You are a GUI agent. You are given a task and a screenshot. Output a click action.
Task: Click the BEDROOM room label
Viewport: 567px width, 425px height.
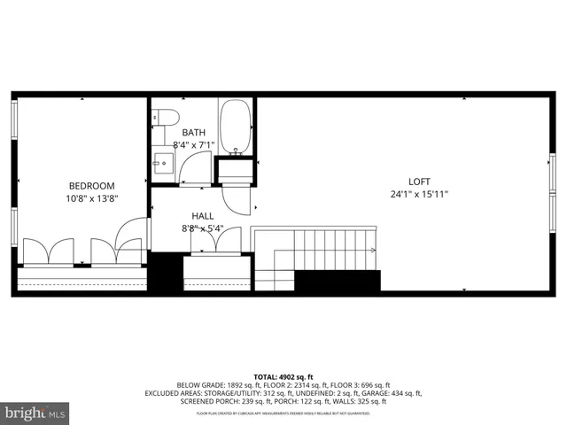click(x=93, y=186)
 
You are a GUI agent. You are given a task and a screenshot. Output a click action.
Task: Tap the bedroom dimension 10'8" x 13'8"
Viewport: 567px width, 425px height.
click(x=93, y=199)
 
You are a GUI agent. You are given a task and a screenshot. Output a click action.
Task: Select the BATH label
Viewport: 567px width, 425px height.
click(x=193, y=132)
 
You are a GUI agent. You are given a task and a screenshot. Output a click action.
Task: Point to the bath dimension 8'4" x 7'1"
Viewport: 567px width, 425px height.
click(x=194, y=145)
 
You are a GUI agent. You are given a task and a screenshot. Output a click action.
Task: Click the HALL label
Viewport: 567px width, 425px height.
click(x=202, y=215)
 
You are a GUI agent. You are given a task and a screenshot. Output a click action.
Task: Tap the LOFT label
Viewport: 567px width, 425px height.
click(x=418, y=181)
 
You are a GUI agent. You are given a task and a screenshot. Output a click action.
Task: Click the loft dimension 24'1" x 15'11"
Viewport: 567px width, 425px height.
click(x=418, y=194)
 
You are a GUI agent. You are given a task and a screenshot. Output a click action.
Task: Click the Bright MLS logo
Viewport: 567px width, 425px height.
click(x=35, y=413)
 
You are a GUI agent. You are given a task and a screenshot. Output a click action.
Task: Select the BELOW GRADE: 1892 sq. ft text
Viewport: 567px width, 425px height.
click(x=217, y=384)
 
